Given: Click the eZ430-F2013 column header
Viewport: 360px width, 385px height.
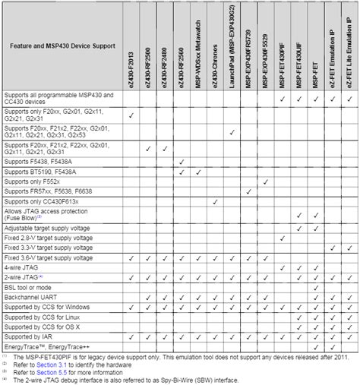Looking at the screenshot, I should tap(132, 46).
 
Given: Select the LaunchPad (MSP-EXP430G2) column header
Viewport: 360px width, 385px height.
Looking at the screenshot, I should tap(232, 46).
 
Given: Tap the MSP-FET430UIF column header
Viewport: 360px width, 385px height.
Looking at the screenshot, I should tap(298, 46).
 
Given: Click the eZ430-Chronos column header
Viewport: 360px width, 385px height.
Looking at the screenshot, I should tap(216, 46).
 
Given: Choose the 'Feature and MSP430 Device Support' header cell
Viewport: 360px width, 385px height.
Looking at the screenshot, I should tap(62, 46).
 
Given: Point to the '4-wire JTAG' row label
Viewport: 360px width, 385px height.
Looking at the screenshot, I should tap(24, 268).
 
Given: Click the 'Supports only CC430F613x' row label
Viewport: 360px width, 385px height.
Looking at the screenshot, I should tap(42, 202).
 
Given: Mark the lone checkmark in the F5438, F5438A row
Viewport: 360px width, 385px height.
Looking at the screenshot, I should tap(182, 163).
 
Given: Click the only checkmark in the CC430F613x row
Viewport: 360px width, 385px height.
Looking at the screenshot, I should tap(216, 202).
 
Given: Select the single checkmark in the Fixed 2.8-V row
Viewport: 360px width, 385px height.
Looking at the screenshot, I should tap(282, 237).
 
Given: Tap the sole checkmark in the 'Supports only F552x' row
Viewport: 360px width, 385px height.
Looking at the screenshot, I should tap(265, 182).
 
